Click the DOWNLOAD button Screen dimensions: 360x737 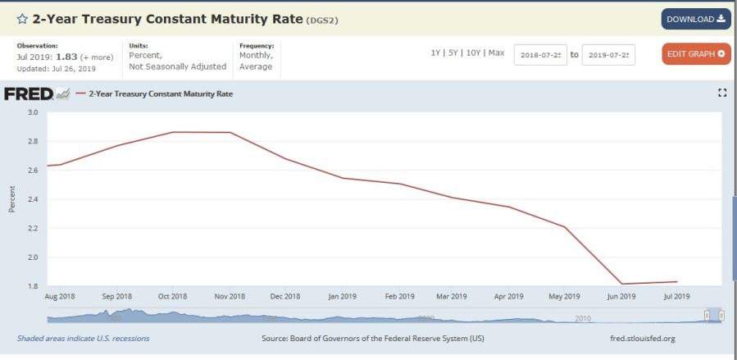[x=696, y=19]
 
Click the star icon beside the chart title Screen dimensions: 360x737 [x=22, y=19]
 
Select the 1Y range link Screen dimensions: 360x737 [x=436, y=52]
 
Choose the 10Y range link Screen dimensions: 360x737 [x=473, y=52]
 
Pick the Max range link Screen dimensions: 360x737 [x=496, y=52]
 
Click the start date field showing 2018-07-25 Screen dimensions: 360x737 [x=540, y=55]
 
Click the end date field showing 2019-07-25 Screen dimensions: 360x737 [x=608, y=55]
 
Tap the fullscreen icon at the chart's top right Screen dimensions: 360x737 [x=722, y=93]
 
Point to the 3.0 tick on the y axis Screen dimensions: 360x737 [x=34, y=112]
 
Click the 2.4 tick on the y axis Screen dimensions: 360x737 [x=34, y=199]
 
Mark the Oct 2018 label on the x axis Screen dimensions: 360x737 [x=174, y=296]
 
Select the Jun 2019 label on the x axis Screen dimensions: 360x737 [x=621, y=296]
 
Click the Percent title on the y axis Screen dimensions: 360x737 [x=12, y=199]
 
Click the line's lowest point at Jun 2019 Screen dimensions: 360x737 [x=621, y=284]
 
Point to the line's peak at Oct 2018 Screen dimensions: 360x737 [x=174, y=132]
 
